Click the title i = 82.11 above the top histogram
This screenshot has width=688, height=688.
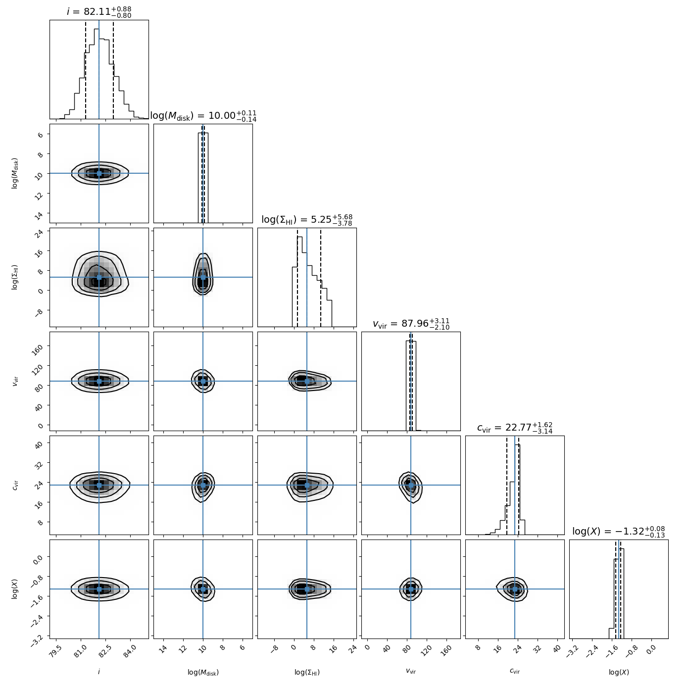(x=99, y=11)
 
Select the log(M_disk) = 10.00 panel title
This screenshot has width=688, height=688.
(x=203, y=116)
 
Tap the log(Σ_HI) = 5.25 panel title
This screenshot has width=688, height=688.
(x=307, y=220)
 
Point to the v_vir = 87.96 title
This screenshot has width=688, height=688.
(x=411, y=324)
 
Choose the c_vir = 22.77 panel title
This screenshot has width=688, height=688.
(x=515, y=428)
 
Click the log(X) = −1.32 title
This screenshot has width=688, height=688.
(x=619, y=532)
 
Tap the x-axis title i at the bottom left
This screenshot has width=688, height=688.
(x=99, y=672)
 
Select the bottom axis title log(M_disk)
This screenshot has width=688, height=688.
(x=203, y=672)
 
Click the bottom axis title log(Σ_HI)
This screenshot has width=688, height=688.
(x=307, y=672)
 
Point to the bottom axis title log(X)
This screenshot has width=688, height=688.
(x=619, y=672)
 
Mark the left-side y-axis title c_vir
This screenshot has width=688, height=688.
(x=15, y=485)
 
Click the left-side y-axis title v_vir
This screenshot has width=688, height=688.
(x=15, y=381)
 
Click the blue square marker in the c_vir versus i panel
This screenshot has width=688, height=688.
(x=99, y=485)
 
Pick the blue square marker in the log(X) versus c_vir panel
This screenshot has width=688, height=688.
(x=515, y=589)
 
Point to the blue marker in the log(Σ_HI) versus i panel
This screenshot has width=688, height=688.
(x=99, y=277)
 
